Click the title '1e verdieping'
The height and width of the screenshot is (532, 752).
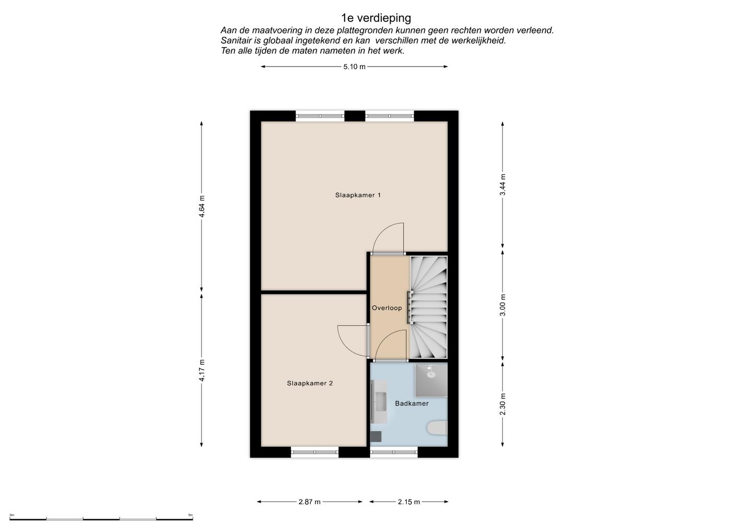click(x=376, y=18)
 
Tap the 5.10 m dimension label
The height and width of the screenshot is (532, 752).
click(x=354, y=67)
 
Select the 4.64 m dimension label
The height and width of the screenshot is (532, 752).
click(x=202, y=206)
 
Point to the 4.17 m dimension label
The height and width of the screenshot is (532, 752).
click(x=202, y=371)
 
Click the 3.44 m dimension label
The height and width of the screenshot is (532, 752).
click(x=502, y=184)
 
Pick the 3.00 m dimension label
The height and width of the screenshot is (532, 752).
click(x=502, y=305)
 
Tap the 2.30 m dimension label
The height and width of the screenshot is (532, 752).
click(x=502, y=404)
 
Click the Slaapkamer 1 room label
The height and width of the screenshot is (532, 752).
click(x=358, y=195)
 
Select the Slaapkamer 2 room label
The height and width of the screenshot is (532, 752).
click(x=310, y=383)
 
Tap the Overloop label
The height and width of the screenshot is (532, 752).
click(x=387, y=308)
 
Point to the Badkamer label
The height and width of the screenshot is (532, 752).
click(x=412, y=403)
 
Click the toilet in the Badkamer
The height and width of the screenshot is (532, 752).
click(x=437, y=428)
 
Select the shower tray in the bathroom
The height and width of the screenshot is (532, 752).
click(x=431, y=380)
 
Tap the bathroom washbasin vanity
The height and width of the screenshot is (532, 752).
click(x=379, y=402)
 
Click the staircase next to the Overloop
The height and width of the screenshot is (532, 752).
click(x=428, y=307)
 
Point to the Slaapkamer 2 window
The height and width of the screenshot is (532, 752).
click(x=314, y=453)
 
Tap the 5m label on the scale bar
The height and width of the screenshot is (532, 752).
click(x=190, y=515)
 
